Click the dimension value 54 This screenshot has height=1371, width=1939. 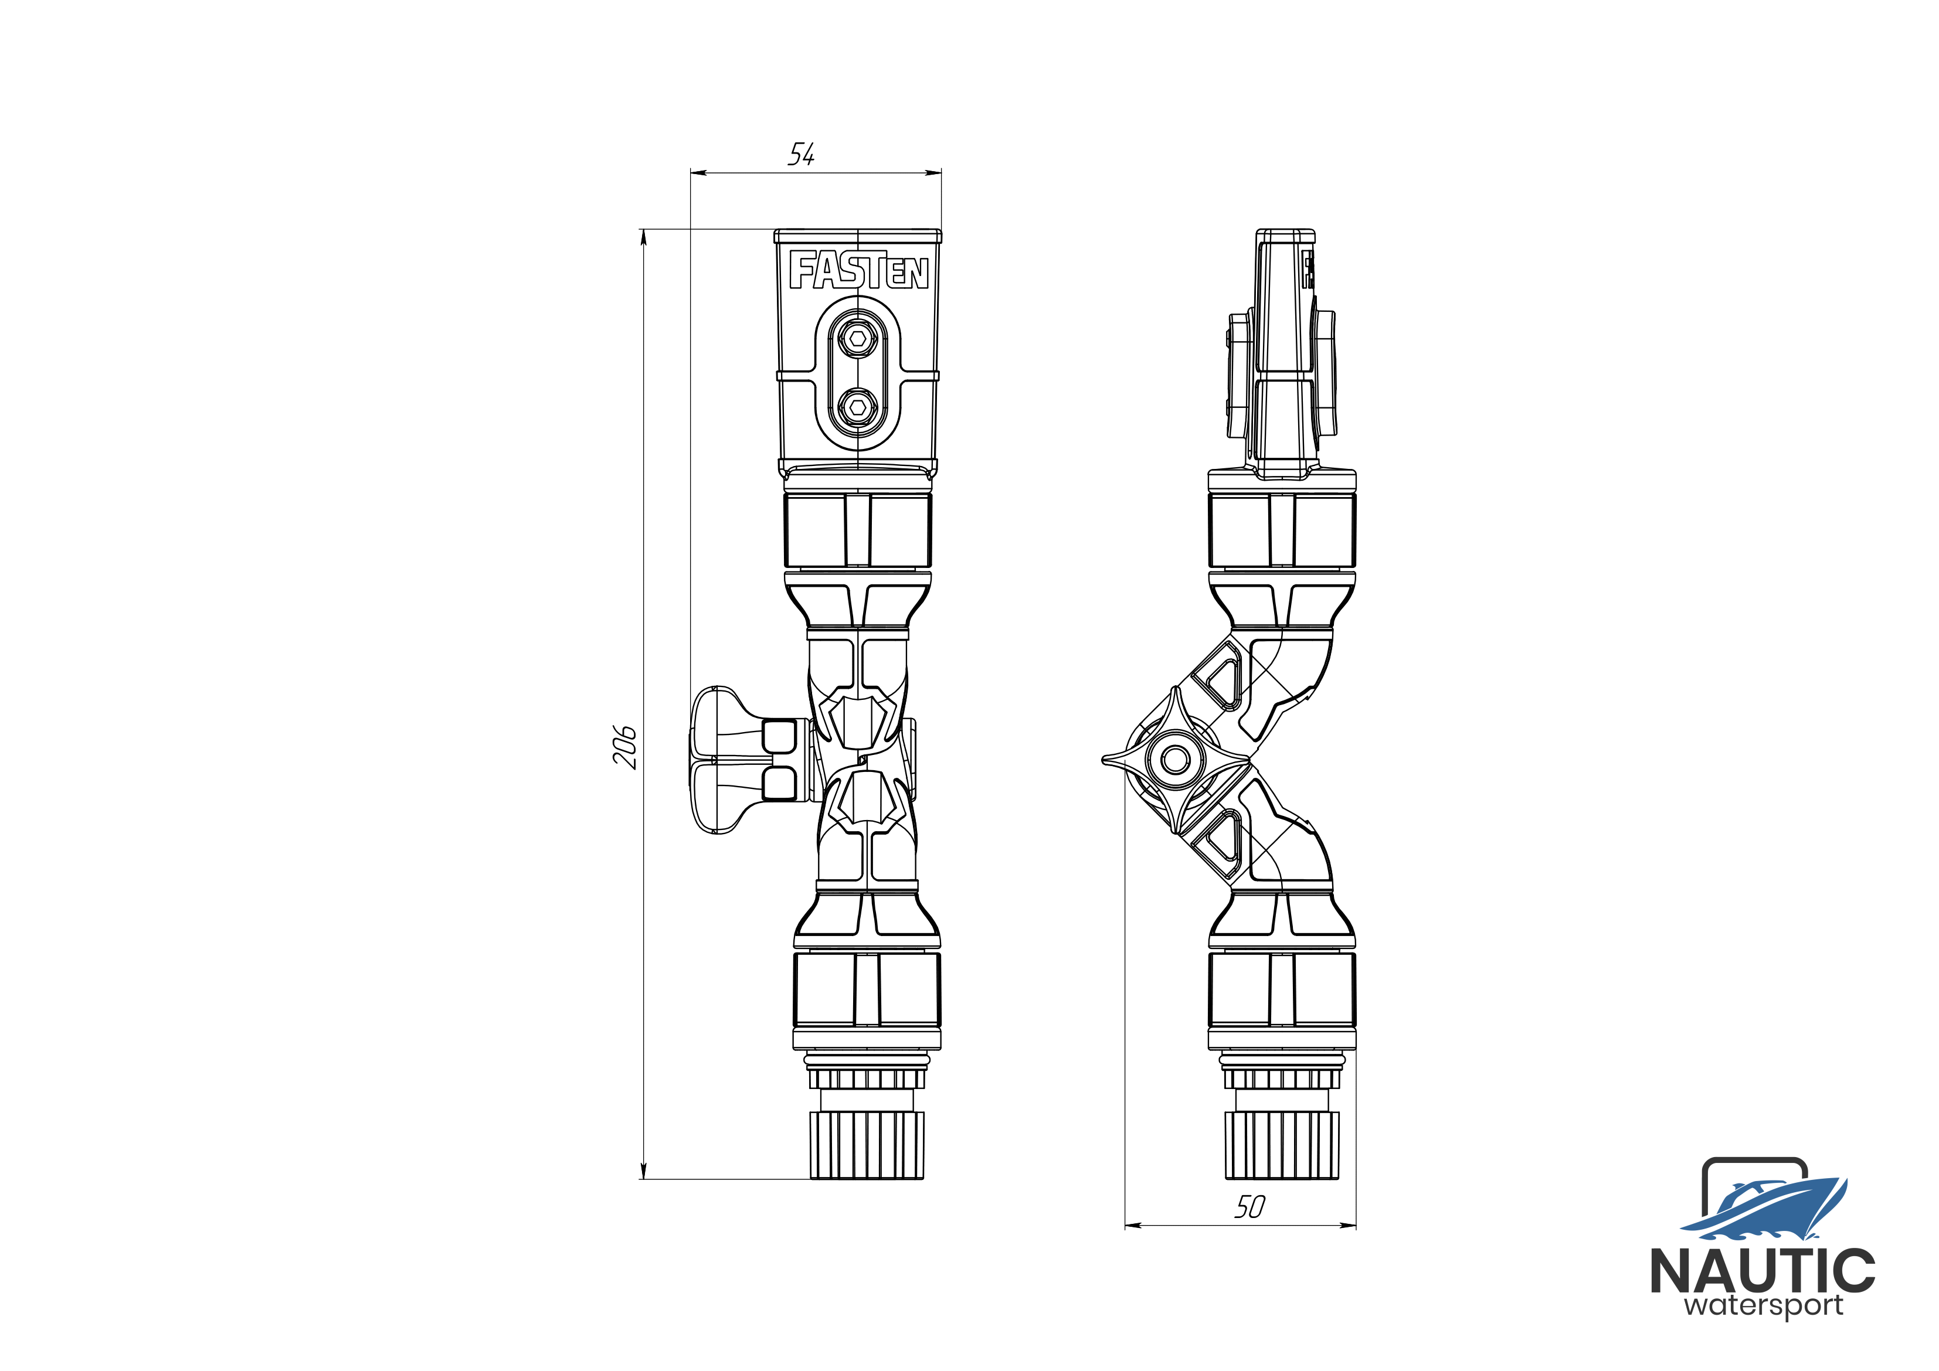coord(802,155)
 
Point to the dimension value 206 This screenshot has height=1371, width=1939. coord(625,746)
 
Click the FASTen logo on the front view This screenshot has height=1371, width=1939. coord(859,270)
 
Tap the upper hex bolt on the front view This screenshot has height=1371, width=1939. coord(858,339)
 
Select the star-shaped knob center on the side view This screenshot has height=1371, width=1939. coord(1176,759)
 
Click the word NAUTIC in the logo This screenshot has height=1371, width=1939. coord(1763,1272)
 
